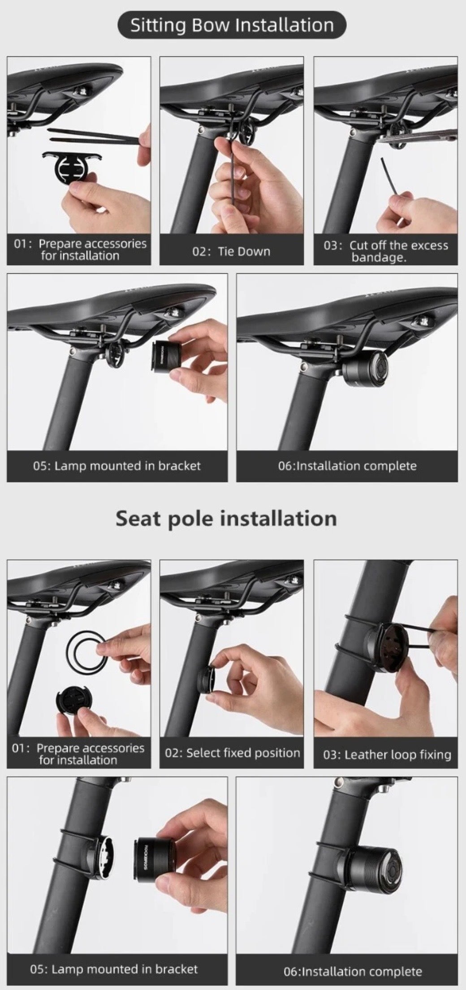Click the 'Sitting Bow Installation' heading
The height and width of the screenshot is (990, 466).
(232, 25)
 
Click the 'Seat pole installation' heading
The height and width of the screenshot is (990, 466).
(226, 518)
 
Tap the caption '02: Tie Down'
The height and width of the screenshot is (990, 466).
(231, 251)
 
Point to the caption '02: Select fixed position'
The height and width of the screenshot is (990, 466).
(232, 753)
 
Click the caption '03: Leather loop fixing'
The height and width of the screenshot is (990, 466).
(387, 755)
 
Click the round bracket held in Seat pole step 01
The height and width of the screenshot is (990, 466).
(74, 703)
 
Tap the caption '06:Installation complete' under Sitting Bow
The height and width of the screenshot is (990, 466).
(347, 466)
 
